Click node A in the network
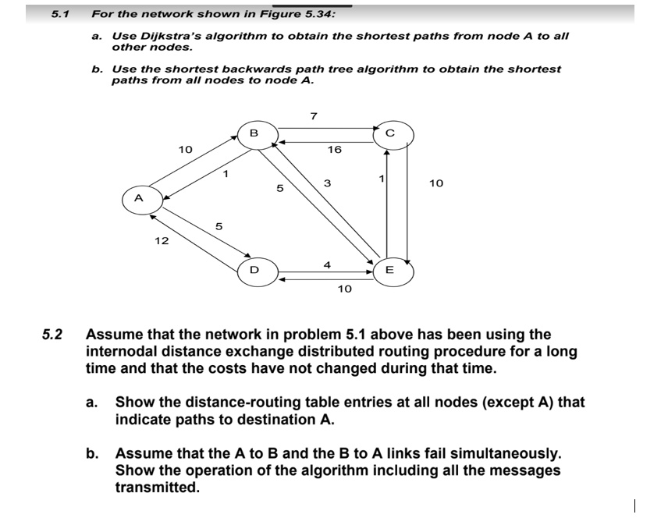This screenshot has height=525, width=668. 138,198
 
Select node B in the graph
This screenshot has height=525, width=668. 254,133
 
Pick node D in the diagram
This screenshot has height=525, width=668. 254,270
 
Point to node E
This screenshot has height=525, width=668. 389,270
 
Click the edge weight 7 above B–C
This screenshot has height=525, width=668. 313,116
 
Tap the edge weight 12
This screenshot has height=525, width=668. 162,241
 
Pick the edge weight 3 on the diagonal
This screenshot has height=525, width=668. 328,183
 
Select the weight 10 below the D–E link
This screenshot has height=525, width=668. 344,289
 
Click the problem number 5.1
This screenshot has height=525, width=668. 60,13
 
